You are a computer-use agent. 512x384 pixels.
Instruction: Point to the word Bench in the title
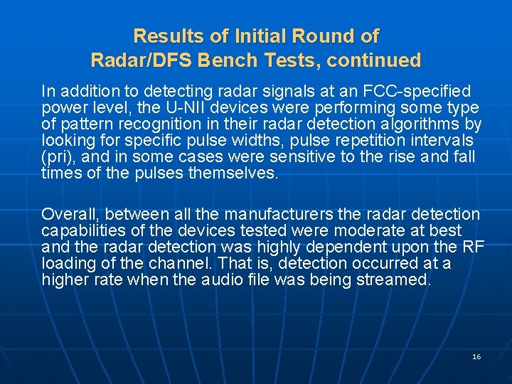pos(220,60)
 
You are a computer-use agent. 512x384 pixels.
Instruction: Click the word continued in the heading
pos(378,60)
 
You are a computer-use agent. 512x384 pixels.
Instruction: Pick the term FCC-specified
pos(417,92)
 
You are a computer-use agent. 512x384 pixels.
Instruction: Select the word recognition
pos(152,124)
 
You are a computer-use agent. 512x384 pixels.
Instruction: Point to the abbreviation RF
pos(473,247)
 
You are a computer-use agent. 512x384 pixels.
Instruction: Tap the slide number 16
pos(476,356)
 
